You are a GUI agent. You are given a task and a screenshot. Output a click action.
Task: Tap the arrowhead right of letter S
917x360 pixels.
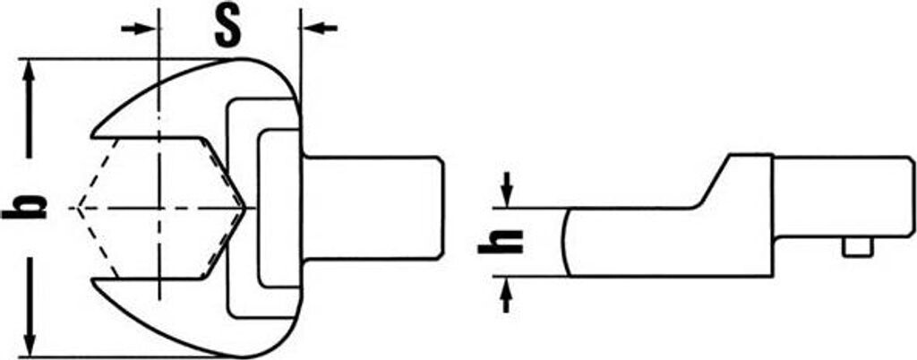[x=321, y=28]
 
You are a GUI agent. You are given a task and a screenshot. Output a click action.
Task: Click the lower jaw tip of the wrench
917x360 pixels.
[x=93, y=283]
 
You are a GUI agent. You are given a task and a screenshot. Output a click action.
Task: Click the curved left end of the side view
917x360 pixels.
[x=566, y=242]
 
